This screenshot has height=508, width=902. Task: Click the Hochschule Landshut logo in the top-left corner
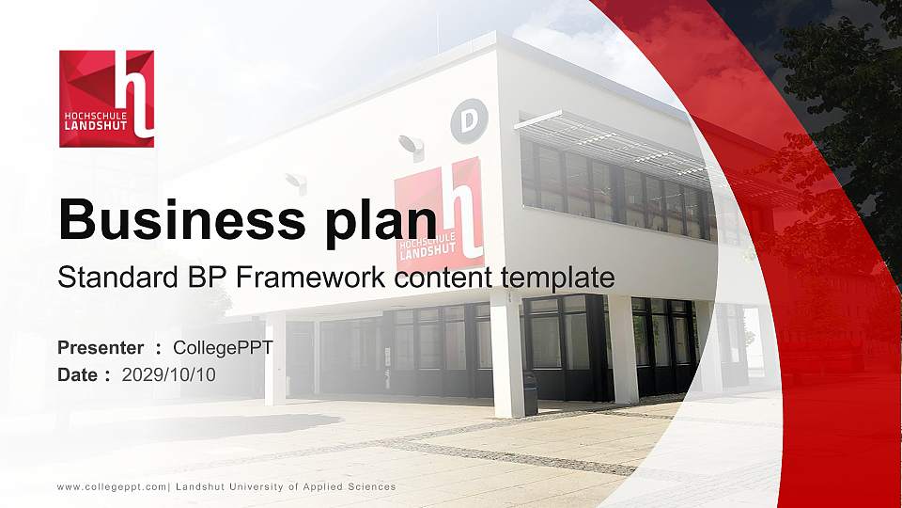[x=106, y=99]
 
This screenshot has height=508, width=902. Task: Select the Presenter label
[x=101, y=348]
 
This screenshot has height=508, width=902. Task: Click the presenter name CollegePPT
[x=223, y=348]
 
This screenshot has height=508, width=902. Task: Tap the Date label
[x=78, y=374]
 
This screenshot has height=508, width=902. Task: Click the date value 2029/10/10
[x=168, y=374]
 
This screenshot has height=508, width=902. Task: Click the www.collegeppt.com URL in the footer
[x=112, y=487]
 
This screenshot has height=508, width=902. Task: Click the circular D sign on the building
[x=469, y=120]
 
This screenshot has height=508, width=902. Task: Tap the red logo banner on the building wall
[x=440, y=216]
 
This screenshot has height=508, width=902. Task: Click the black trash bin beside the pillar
[x=530, y=392]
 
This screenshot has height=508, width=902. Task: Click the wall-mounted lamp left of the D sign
[x=412, y=147]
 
